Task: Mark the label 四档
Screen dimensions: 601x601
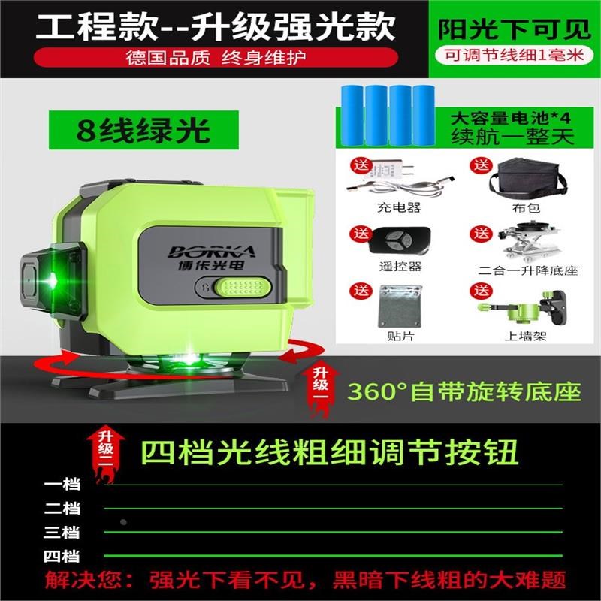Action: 62,557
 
